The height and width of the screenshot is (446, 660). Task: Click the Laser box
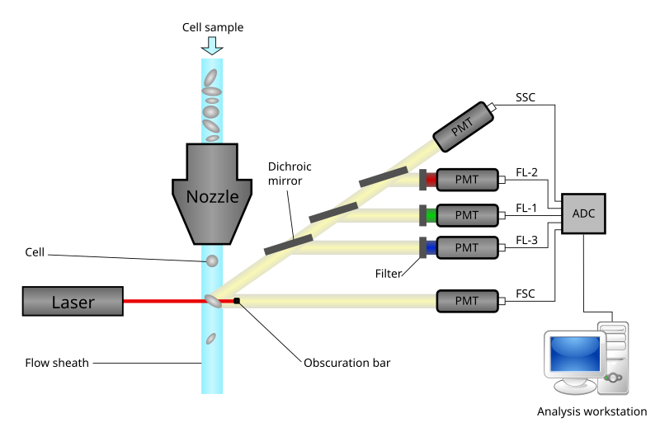point(73,302)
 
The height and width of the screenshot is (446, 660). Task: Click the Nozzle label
point(212,197)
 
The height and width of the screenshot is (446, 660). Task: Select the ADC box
point(583,214)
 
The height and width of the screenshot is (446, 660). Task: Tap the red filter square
point(431,180)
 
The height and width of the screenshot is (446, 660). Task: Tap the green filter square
point(431,215)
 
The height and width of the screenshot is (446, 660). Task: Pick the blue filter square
point(431,247)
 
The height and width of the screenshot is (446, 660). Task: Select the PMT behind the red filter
point(467,180)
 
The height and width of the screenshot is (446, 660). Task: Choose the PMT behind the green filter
point(467,215)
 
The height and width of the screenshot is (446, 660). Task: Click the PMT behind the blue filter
point(467,247)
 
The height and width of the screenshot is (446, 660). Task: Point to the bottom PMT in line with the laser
point(467,301)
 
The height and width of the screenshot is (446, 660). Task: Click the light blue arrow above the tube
point(212,45)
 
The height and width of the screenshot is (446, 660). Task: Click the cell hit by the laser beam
point(213,301)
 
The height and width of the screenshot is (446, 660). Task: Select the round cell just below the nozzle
point(212,261)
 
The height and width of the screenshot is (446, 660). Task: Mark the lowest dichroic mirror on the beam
point(288,244)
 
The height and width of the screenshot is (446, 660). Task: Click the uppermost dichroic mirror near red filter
point(383,177)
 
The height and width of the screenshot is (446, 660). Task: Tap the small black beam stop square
point(237,301)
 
